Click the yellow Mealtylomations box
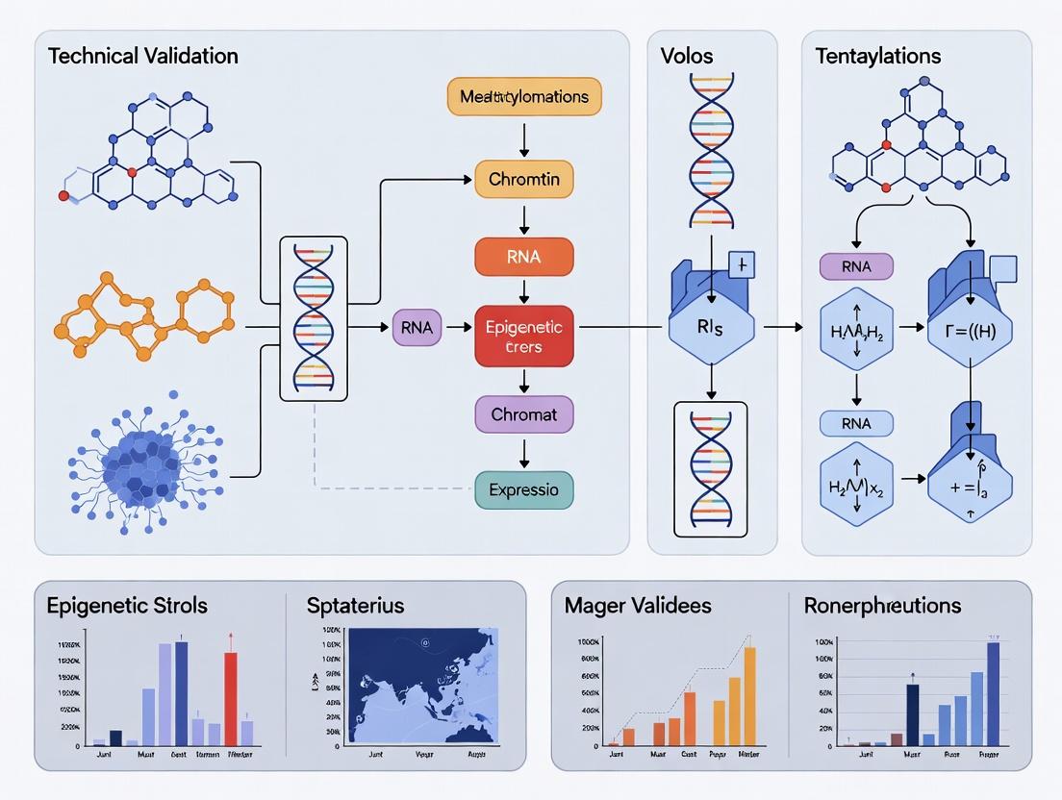coord(524,97)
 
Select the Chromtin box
coord(524,180)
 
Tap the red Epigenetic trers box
coord(524,337)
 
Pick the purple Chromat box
coord(524,414)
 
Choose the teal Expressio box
coord(524,489)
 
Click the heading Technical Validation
coord(143,55)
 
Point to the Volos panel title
coord(687,55)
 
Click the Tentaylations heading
coord(878,55)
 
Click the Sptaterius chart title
coord(355,606)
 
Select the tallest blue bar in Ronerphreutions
coord(994,693)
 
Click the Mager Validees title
coord(638,606)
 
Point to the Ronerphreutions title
coord(882,606)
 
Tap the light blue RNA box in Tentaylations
coord(856,422)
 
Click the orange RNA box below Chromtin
coord(524,257)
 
